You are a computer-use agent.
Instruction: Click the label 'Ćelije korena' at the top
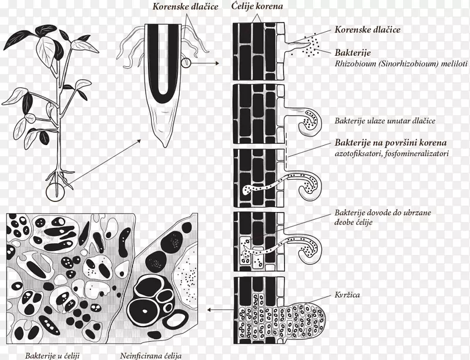(257, 6)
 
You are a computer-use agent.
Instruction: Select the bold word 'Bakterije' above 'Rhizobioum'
(353, 53)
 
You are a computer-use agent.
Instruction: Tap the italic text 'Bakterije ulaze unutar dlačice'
(385, 121)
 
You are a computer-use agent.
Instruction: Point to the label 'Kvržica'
(347, 295)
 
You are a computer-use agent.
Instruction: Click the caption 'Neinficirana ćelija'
(151, 356)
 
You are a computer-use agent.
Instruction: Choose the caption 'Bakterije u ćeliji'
(52, 356)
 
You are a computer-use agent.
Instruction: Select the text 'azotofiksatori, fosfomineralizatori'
(392, 153)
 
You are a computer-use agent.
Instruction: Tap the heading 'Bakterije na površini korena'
(391, 143)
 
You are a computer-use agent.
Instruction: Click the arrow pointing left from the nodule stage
(220, 309)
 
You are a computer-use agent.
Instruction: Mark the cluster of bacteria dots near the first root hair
(311, 46)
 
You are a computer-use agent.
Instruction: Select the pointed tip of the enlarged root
(164, 147)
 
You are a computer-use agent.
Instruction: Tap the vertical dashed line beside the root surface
(286, 150)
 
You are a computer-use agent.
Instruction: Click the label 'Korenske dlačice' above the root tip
(185, 6)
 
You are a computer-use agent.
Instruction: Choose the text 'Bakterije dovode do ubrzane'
(383, 213)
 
